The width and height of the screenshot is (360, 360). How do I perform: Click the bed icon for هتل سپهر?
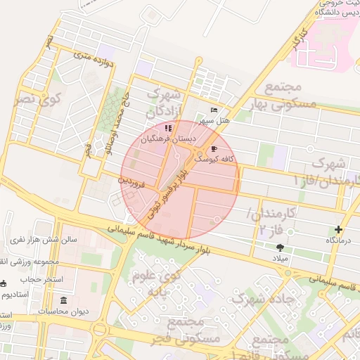point(214,110)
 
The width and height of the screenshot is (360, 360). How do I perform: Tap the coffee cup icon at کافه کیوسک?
point(214,148)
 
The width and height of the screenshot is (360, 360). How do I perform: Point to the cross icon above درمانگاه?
point(339,229)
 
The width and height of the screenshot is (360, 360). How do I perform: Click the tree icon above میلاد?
point(281,247)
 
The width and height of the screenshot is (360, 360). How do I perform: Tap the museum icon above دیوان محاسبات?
point(64,301)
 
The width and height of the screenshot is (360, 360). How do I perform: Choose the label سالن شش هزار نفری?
point(42,240)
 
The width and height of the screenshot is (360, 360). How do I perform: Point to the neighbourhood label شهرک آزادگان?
point(166,102)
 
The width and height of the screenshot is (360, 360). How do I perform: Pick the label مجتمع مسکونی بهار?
point(283,96)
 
